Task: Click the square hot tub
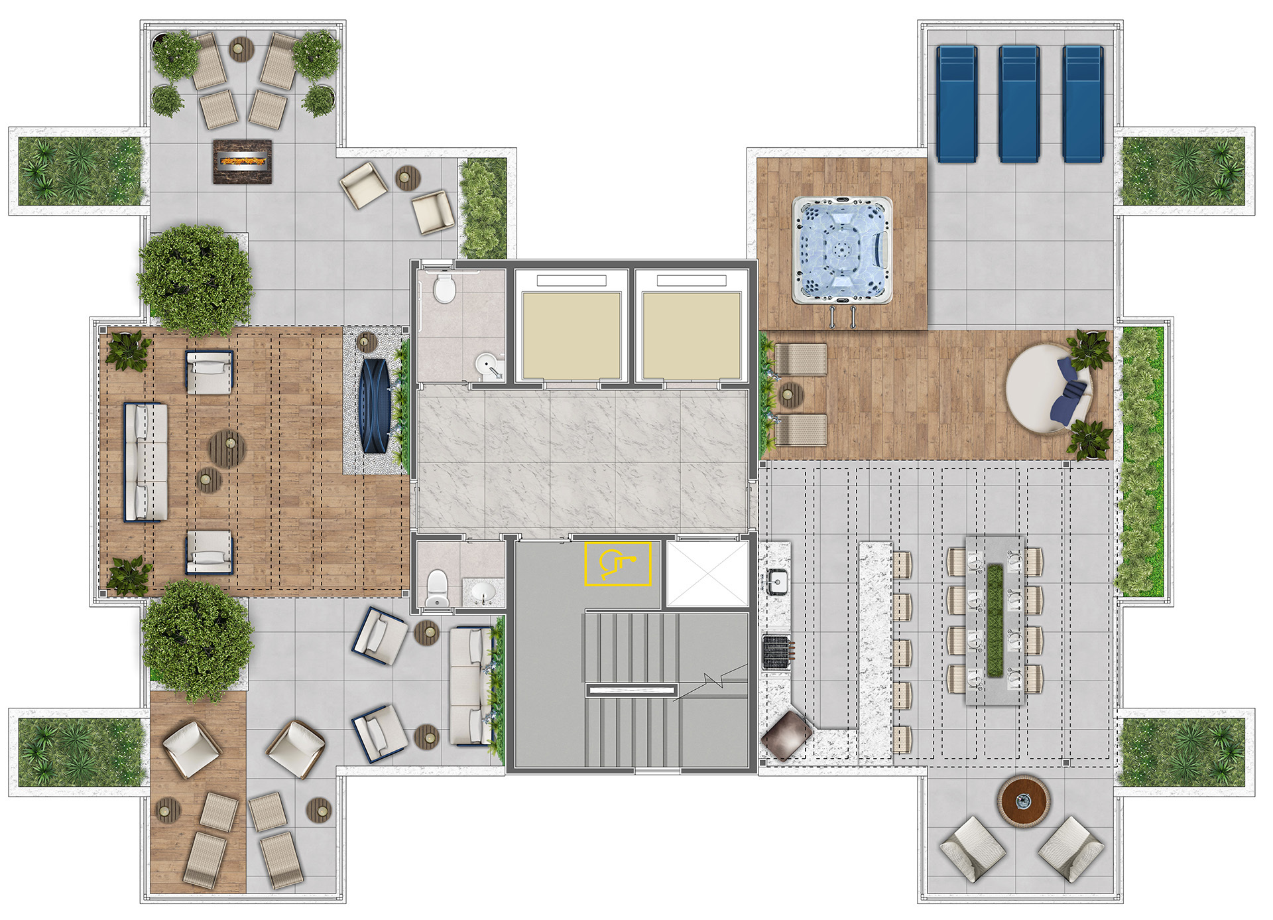841,250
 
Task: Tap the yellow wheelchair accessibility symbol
617,564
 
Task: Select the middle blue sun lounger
1019,103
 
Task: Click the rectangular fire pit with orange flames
243,161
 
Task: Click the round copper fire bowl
1024,801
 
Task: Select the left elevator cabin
571,336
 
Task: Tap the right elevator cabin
691,336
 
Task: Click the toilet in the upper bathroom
444,290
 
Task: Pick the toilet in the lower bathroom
437,588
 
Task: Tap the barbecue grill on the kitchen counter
777,652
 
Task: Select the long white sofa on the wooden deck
146,462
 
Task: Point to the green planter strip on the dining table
995,621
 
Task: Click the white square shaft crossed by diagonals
707,574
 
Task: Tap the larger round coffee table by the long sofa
227,449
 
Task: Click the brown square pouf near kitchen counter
786,734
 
